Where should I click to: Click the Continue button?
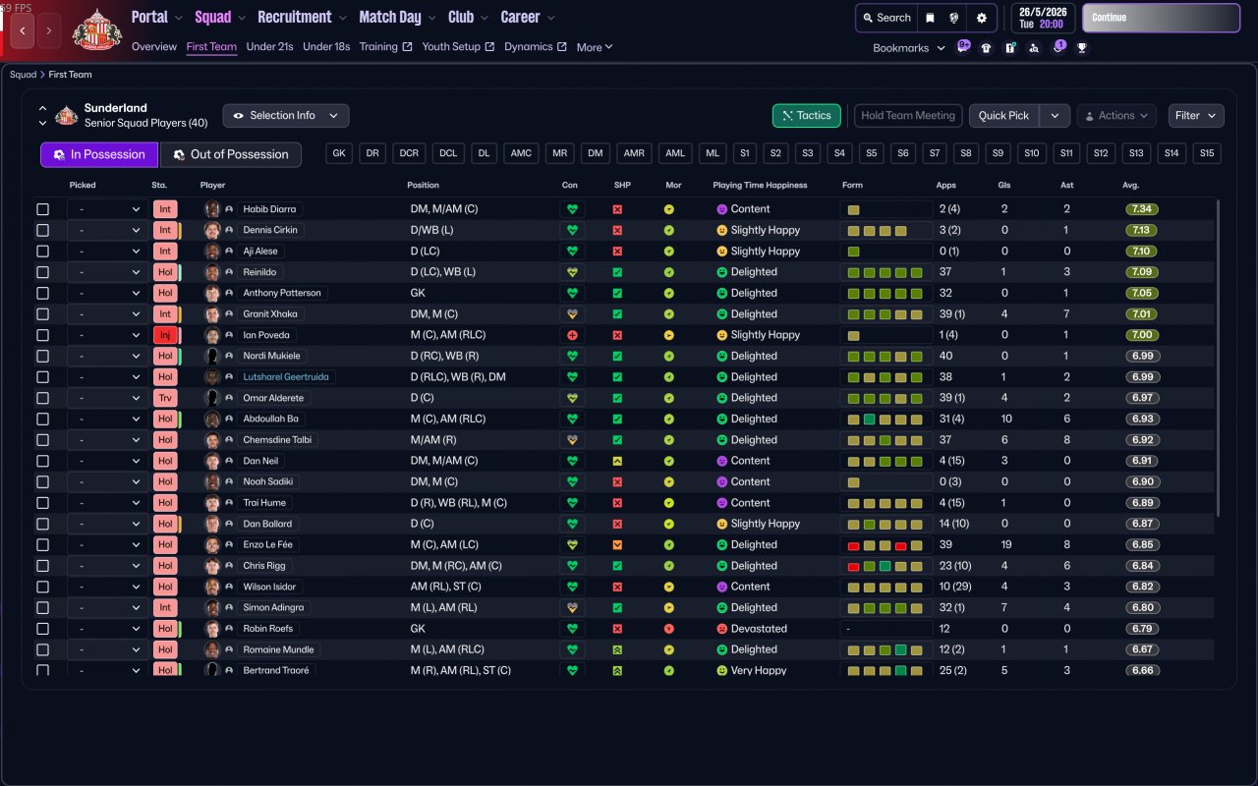1161,18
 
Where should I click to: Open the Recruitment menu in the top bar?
295,17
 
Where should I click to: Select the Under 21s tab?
269,46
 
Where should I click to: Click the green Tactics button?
807,116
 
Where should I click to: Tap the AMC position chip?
521,153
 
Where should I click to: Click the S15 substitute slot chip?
1207,153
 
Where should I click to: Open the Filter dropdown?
1196,116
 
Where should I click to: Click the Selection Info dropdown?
286,116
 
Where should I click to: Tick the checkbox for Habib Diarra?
42,209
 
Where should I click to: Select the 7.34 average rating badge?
1142,209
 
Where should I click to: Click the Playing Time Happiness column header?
760,185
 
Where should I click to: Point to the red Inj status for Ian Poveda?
164,335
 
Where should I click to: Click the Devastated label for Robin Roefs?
759,629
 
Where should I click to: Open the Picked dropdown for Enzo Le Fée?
108,545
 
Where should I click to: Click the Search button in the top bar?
886,18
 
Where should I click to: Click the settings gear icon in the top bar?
981,18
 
